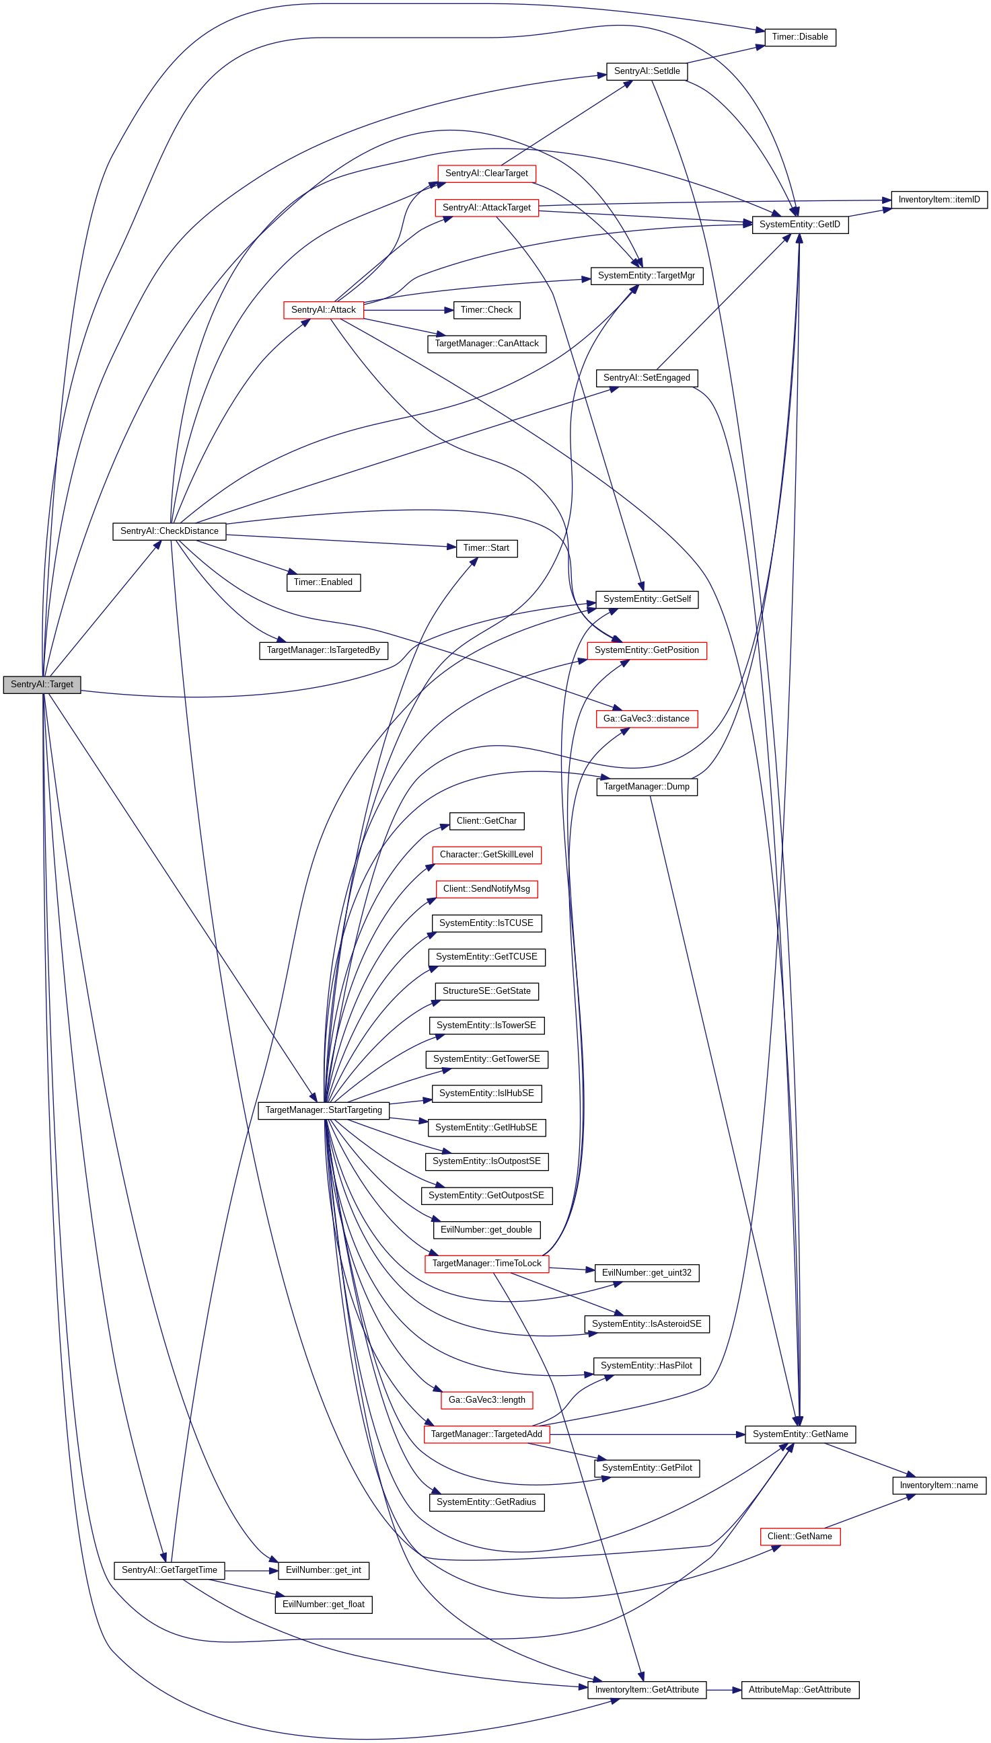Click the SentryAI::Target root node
click(42, 685)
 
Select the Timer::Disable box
click(800, 37)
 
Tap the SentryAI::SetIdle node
click(647, 71)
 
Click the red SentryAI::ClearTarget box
click(486, 173)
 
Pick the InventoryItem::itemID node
click(939, 199)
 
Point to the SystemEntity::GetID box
click(800, 225)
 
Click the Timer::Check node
click(486, 310)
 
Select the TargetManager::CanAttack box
click(486, 344)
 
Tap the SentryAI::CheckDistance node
click(169, 531)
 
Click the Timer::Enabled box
click(324, 582)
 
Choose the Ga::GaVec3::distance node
click(646, 718)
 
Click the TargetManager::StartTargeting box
click(324, 1110)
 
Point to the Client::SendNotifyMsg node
click(486, 888)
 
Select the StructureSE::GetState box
click(486, 991)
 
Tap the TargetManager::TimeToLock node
click(486, 1264)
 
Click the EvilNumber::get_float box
click(324, 1604)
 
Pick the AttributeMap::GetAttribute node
click(799, 1689)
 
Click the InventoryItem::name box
click(939, 1485)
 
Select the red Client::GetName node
click(800, 1536)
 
